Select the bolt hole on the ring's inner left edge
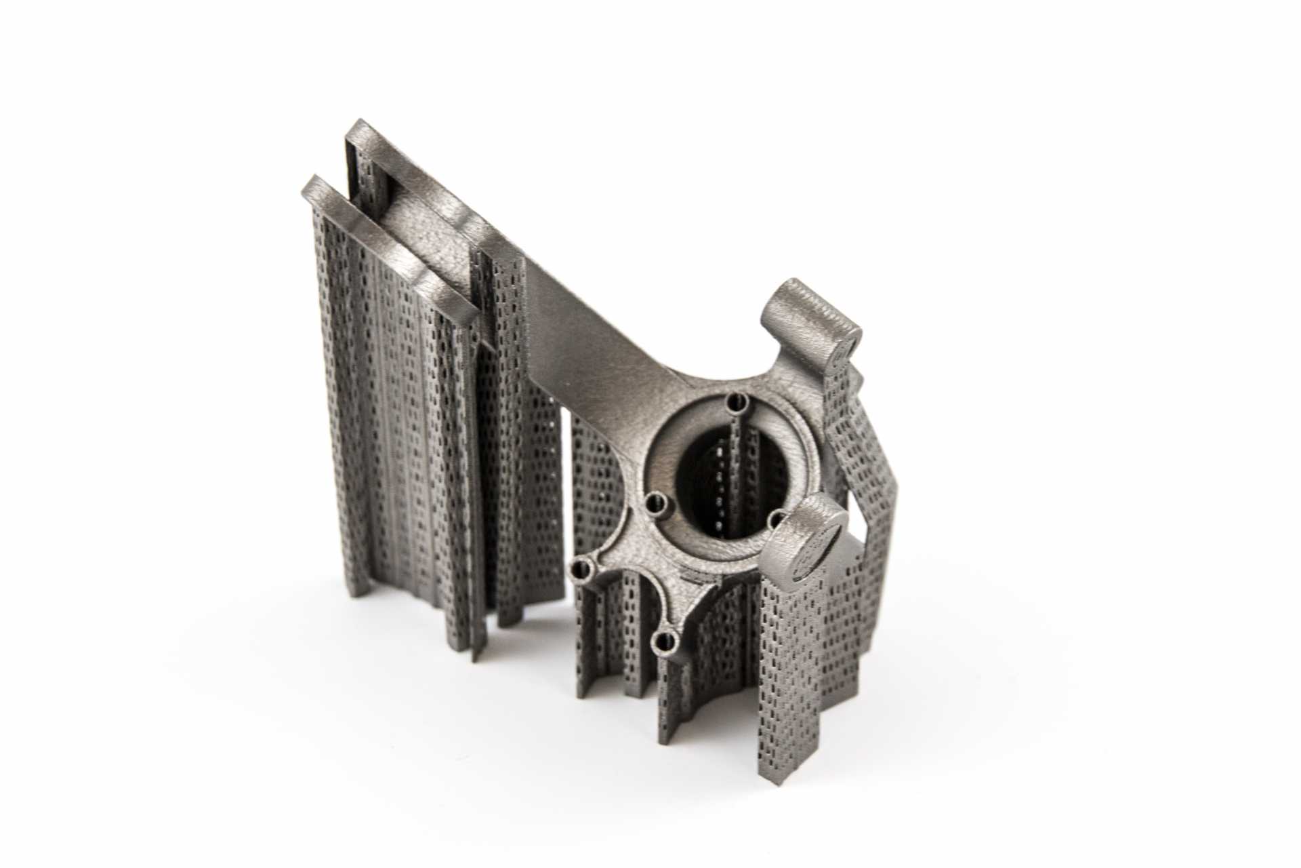pyautogui.click(x=655, y=503)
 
